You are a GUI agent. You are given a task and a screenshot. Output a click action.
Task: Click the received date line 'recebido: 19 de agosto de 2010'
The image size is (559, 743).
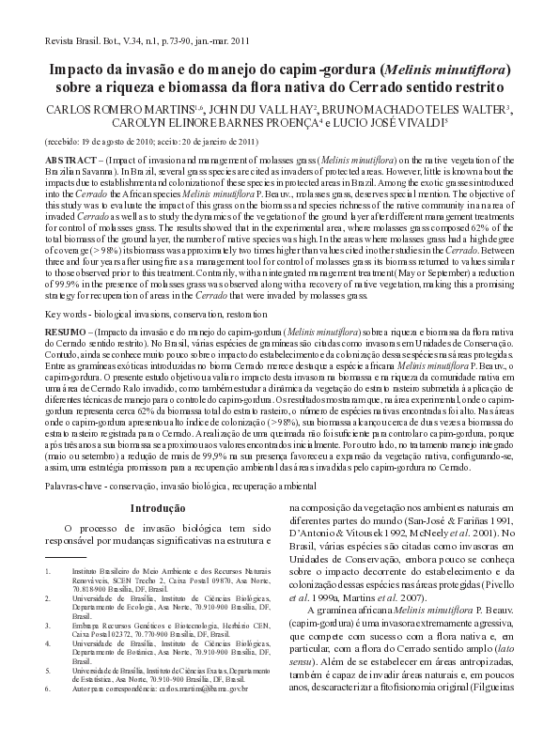pos(103,142)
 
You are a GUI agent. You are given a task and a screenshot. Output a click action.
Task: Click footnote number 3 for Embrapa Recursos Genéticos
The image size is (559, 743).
pos(48,624)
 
